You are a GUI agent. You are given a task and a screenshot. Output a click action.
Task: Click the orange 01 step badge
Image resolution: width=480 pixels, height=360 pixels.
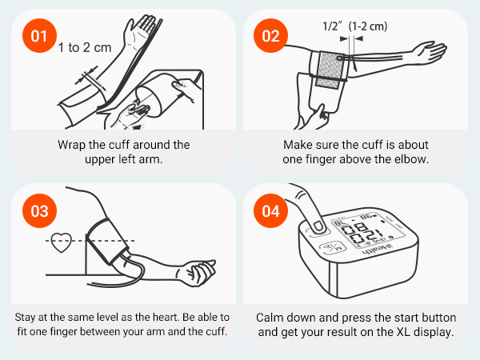[x=38, y=37]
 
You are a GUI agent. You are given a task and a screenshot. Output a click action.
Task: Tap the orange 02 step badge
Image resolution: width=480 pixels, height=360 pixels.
[x=269, y=37]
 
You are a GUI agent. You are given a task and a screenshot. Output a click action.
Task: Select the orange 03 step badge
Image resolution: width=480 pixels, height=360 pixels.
[x=38, y=212]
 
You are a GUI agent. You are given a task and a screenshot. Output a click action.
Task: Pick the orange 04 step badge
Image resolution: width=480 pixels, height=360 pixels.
[x=269, y=212]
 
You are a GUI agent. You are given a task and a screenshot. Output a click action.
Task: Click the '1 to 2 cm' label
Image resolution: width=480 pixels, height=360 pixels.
[x=85, y=48]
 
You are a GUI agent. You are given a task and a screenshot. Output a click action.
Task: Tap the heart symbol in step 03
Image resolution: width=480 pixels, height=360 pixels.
[x=61, y=243]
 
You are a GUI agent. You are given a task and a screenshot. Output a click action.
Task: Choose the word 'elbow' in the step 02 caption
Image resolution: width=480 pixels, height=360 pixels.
[x=412, y=160]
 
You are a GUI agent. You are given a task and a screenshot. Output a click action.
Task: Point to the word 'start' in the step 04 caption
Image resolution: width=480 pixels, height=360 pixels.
[x=393, y=317]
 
